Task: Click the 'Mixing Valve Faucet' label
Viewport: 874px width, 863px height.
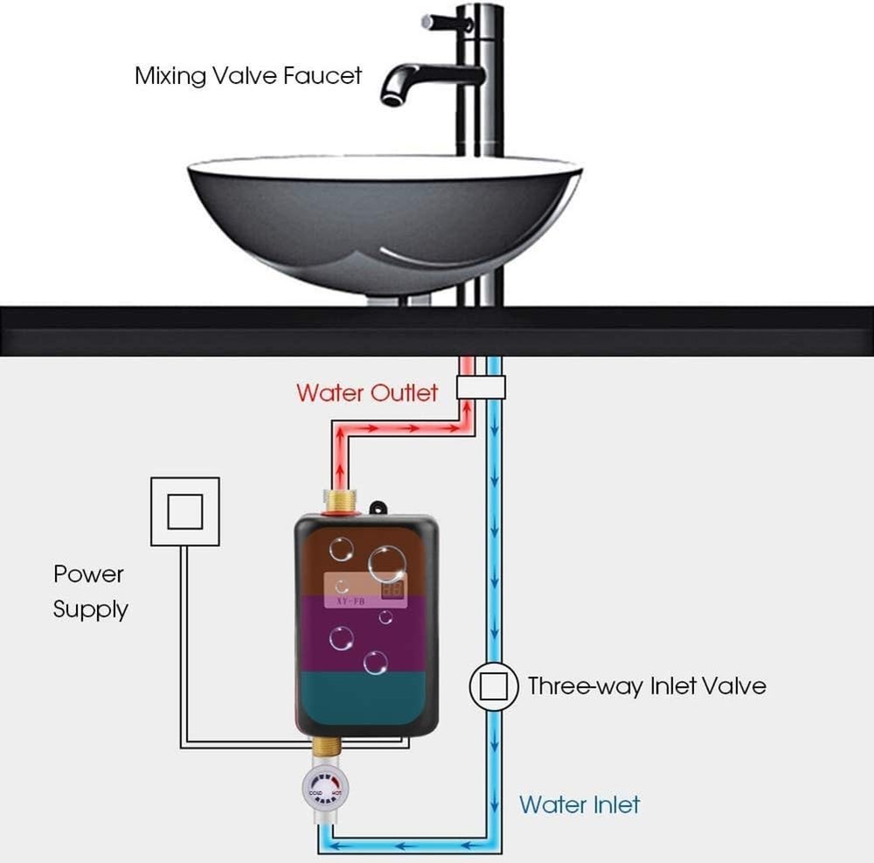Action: [247, 75]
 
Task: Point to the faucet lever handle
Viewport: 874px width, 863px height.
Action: [446, 22]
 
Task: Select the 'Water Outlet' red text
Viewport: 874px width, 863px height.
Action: [366, 392]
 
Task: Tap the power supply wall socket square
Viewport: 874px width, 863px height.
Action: [184, 511]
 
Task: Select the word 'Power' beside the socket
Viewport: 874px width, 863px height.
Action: [88, 574]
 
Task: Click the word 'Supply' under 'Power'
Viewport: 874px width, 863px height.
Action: [90, 609]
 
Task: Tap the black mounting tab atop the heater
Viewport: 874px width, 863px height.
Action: [378, 508]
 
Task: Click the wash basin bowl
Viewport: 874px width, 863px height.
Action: [385, 227]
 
